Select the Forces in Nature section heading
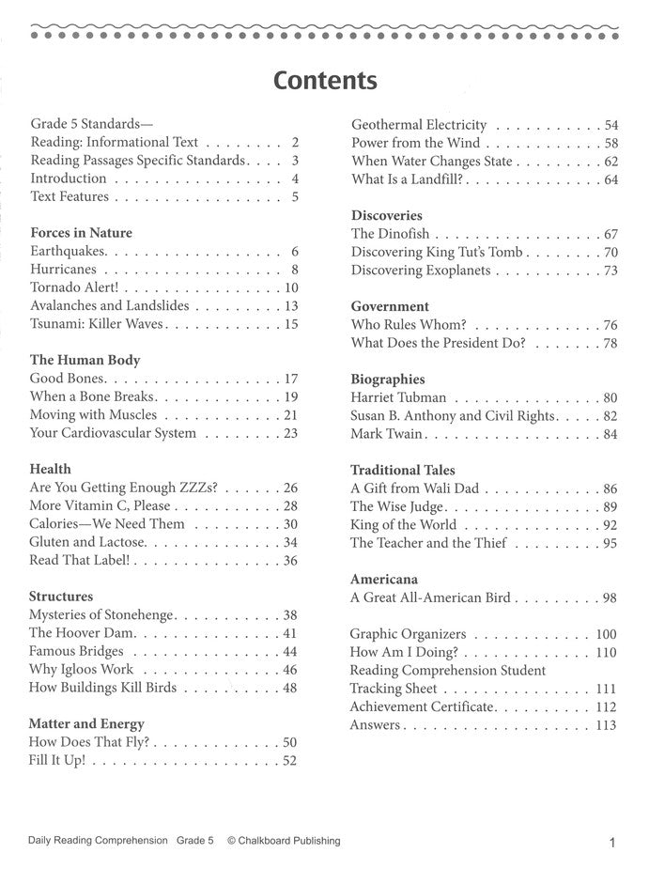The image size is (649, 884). (81, 232)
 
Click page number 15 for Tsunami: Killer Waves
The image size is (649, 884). (290, 324)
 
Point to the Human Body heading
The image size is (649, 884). (85, 360)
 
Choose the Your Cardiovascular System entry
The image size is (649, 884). (113, 433)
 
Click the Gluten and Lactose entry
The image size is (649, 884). (87, 542)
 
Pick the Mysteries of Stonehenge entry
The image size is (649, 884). (101, 614)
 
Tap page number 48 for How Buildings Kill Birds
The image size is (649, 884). (289, 688)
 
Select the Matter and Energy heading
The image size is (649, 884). (86, 723)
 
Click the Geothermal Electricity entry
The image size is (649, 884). (419, 125)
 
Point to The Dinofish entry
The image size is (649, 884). (391, 234)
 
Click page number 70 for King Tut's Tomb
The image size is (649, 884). (610, 253)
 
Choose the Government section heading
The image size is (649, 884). (390, 306)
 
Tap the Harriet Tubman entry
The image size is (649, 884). (398, 397)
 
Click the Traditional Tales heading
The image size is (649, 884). (402, 470)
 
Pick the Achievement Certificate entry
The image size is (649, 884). (422, 706)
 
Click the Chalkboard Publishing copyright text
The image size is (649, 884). (284, 841)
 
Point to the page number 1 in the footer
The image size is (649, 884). (611, 843)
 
